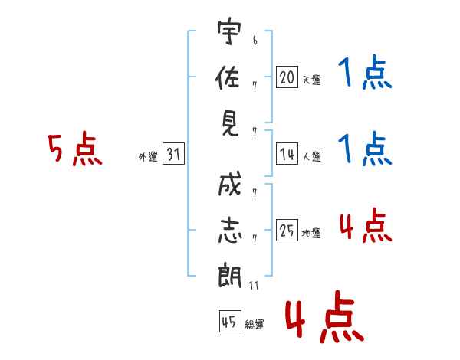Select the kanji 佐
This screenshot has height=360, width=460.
coord(229,77)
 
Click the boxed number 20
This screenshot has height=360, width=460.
coord(287,77)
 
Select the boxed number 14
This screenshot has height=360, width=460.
coord(287,155)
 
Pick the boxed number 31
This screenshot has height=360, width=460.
coord(173,155)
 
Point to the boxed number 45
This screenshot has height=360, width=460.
coord(228,322)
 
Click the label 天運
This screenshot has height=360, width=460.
coord(311,80)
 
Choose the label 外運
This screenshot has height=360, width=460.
coord(147,157)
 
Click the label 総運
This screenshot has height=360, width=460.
coord(255,325)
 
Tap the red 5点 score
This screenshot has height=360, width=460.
coord(74,149)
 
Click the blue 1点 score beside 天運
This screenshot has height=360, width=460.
coord(364,74)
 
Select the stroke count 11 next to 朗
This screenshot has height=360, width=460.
coord(254,286)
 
